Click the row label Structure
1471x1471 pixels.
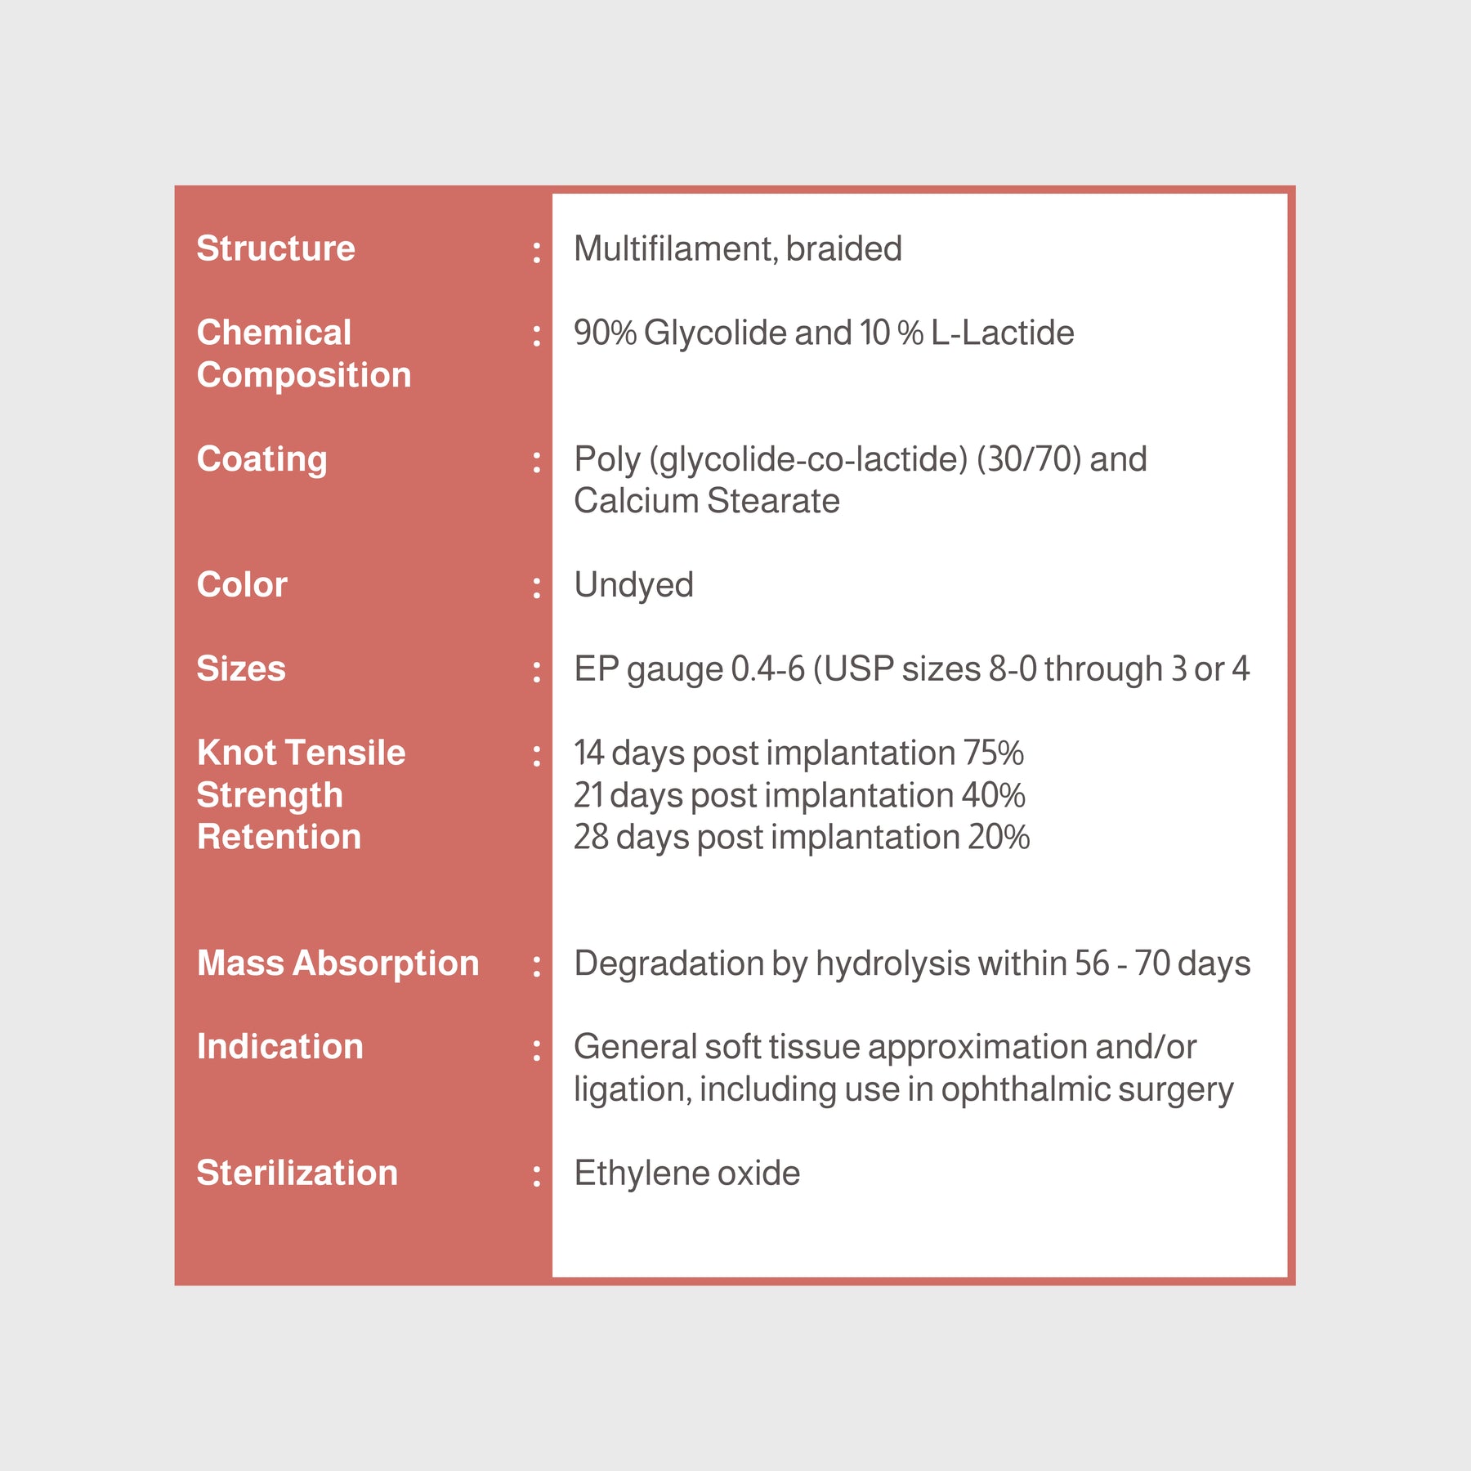click(275, 248)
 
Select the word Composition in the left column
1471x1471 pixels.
click(303, 375)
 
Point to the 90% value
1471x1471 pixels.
click(605, 333)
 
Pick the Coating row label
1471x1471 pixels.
click(262, 459)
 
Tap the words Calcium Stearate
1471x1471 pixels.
click(706, 501)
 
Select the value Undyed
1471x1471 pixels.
click(633, 585)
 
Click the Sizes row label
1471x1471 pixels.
click(241, 668)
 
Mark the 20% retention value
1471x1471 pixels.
click(999, 837)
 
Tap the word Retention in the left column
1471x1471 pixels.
click(279, 837)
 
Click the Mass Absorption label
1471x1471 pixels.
click(338, 964)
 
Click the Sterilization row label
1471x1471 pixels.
click(297, 1174)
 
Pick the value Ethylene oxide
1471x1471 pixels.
click(686, 1174)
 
